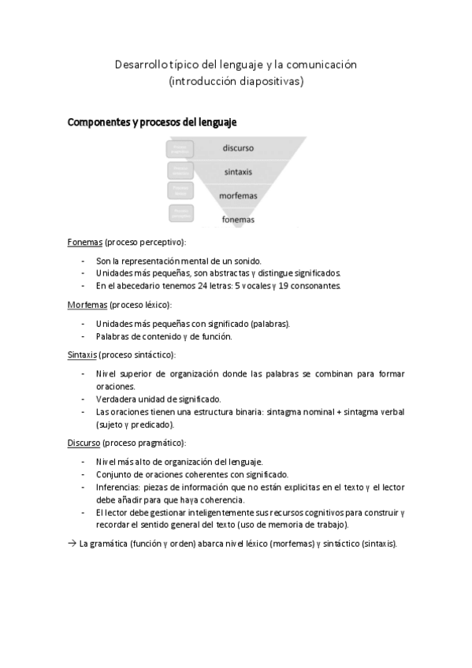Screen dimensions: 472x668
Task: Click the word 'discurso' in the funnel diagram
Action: pyautogui.click(x=237, y=147)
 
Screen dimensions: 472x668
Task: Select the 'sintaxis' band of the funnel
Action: pyautogui.click(x=237, y=172)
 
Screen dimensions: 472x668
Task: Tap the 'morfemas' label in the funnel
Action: pyautogui.click(x=238, y=195)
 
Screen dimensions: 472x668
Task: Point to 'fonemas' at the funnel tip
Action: pyautogui.click(x=238, y=220)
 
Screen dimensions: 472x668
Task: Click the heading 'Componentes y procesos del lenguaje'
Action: pyautogui.click(x=152, y=123)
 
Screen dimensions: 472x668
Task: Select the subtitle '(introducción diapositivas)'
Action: pyautogui.click(x=236, y=80)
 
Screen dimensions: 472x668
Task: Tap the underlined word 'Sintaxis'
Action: pyautogui.click(x=83, y=354)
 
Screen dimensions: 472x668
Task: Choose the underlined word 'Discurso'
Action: pyautogui.click(x=85, y=443)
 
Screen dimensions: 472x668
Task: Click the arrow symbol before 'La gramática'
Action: pyautogui.click(x=72, y=544)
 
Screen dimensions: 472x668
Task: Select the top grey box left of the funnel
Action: pyautogui.click(x=180, y=147)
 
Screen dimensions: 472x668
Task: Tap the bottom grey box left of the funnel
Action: pyautogui.click(x=180, y=213)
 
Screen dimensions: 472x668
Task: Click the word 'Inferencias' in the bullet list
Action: pyautogui.click(x=118, y=487)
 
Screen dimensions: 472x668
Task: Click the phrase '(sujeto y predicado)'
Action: pyautogui.click(x=134, y=424)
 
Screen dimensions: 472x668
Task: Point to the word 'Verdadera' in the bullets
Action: pyautogui.click(x=116, y=399)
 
